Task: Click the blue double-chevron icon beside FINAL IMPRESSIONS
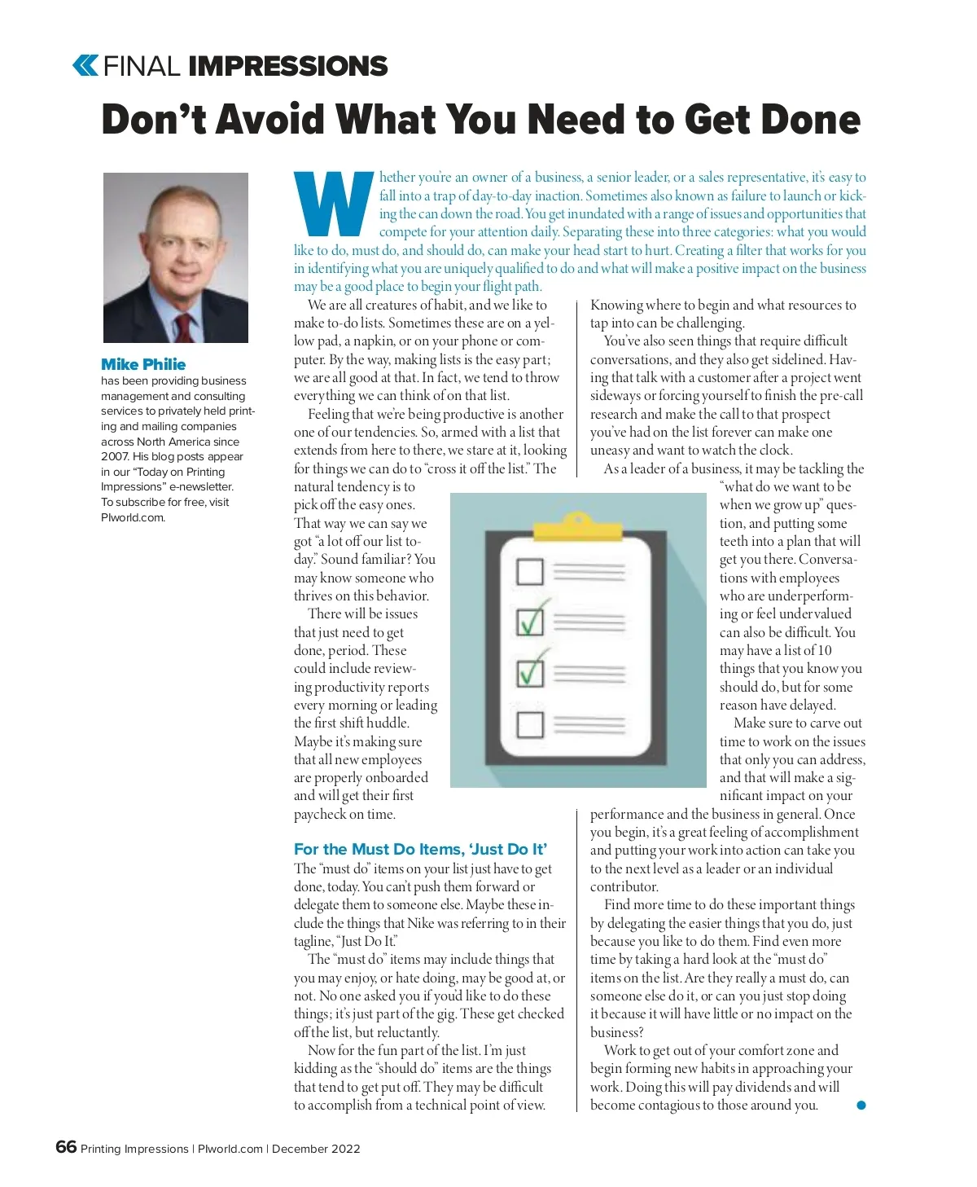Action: pos(85,65)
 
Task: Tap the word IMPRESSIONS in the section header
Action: pos(287,66)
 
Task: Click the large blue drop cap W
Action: pos(334,204)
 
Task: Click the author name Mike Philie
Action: pos(143,364)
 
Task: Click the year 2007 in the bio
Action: pos(115,456)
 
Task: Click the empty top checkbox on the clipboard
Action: pos(530,571)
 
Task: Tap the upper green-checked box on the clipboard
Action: pos(531,622)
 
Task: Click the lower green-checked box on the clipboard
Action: pos(531,672)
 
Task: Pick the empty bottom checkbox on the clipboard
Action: pos(530,723)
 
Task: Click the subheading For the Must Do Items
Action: pos(420,849)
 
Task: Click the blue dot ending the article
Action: pos(861,1105)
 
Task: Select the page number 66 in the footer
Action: pos(66,1147)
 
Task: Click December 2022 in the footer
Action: pos(316,1149)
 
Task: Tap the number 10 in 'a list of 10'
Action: pos(824,650)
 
